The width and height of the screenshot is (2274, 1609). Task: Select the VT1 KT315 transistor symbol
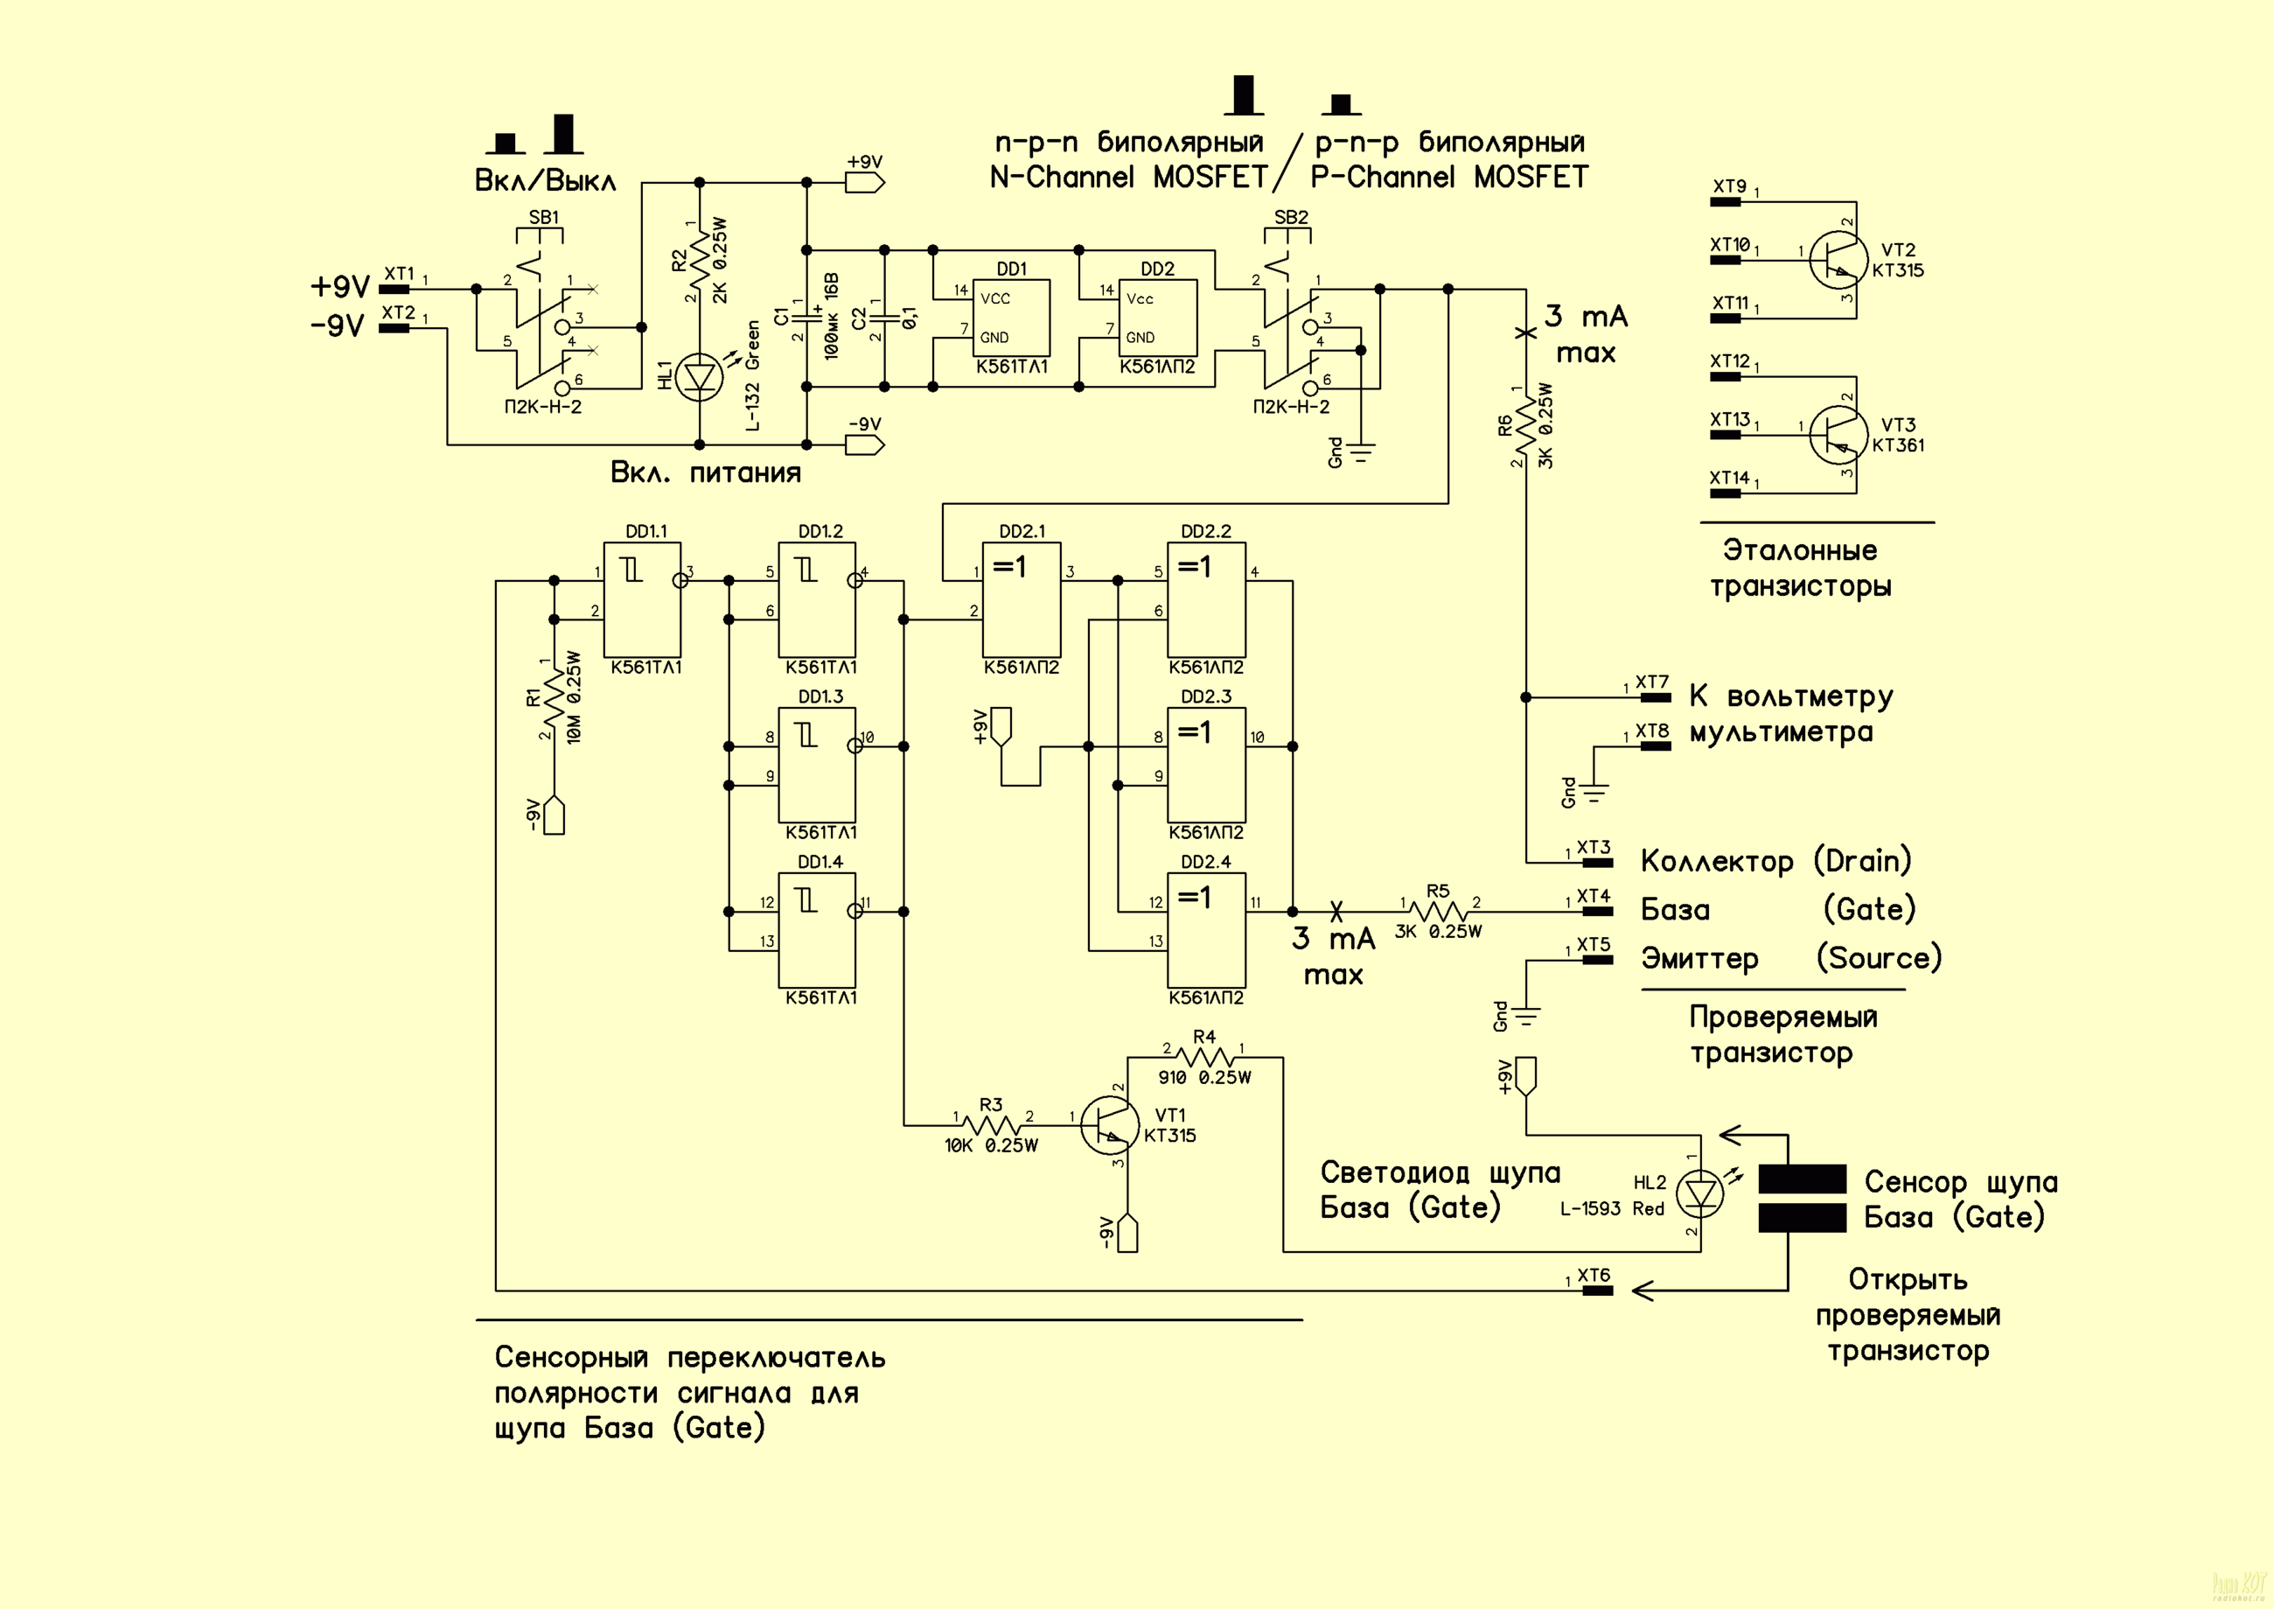click(1107, 1124)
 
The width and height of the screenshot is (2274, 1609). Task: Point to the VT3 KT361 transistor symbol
click(1838, 435)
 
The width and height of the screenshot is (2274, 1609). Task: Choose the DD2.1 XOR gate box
click(1022, 598)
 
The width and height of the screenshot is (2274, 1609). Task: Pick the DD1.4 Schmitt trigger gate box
click(817, 929)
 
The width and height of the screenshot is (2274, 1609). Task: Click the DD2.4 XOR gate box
click(1206, 929)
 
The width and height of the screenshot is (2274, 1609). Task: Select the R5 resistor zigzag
click(1439, 912)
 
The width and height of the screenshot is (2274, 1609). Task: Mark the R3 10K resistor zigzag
click(992, 1124)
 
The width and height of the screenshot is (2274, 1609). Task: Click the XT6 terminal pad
click(1596, 1290)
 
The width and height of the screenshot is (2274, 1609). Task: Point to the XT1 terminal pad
click(394, 290)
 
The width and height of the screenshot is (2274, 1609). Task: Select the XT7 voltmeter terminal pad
click(1655, 697)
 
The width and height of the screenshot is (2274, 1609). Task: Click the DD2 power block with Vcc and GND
click(1157, 318)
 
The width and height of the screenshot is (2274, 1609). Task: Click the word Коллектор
click(1716, 862)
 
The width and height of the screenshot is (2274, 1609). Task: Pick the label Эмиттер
click(1699, 959)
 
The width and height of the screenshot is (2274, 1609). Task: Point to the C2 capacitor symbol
click(883, 318)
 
